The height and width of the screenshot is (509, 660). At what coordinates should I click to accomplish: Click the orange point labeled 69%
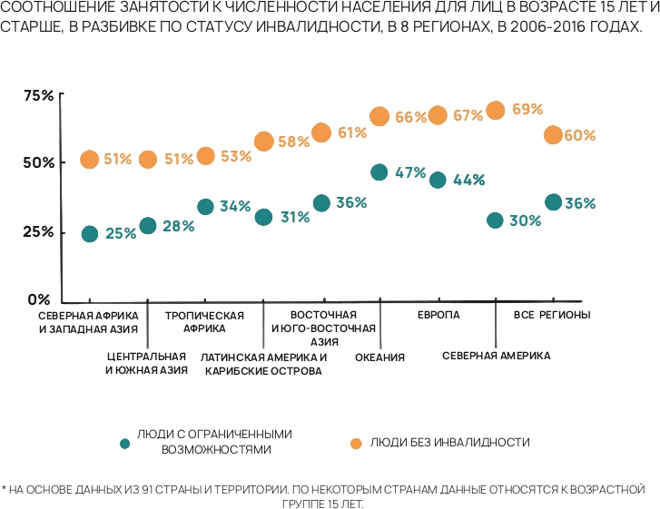point(496,111)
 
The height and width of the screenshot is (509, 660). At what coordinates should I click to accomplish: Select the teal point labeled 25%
point(89,234)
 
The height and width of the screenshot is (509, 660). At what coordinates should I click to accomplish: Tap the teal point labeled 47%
point(379,172)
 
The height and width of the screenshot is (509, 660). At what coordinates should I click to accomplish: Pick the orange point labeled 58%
point(263,142)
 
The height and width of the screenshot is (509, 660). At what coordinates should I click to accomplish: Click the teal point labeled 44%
point(438,180)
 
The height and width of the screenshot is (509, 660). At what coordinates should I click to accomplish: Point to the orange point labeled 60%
point(553,135)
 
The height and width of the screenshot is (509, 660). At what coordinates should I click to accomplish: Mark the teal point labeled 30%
point(496,220)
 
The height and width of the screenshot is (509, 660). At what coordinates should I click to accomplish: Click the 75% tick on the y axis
point(39,95)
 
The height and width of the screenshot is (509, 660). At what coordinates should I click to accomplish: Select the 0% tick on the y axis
point(39,299)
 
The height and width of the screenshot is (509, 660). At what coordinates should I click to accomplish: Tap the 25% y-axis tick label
point(39,231)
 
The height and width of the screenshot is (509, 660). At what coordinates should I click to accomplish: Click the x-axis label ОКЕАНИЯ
point(379,357)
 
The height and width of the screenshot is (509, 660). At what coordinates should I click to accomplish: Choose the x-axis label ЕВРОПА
point(438,315)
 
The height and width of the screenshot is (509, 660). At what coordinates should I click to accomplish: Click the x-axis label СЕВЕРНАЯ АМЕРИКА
point(496,356)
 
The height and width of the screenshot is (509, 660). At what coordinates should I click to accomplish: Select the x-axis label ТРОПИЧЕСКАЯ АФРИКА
point(204,322)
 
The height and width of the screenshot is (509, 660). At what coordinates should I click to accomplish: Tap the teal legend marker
point(124,443)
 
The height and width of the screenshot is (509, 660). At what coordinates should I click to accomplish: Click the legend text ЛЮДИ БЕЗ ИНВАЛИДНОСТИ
point(448,442)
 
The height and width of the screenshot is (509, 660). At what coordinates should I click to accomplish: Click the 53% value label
point(236,156)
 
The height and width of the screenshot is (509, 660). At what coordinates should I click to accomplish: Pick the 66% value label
point(410,117)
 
